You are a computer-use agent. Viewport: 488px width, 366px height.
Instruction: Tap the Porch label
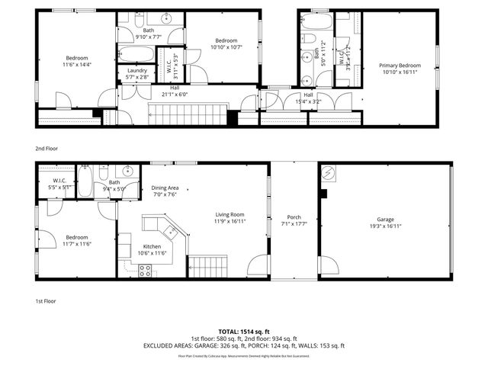(294, 217)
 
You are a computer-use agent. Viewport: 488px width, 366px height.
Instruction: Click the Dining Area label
(165, 188)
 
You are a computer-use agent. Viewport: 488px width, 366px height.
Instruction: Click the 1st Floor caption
(45, 300)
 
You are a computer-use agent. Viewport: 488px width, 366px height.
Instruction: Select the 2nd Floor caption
(47, 149)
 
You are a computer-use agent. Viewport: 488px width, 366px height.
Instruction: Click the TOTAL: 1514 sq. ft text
(243, 332)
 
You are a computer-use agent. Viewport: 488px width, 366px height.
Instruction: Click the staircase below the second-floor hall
(188, 115)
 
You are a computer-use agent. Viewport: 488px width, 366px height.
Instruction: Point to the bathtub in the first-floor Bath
(86, 182)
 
